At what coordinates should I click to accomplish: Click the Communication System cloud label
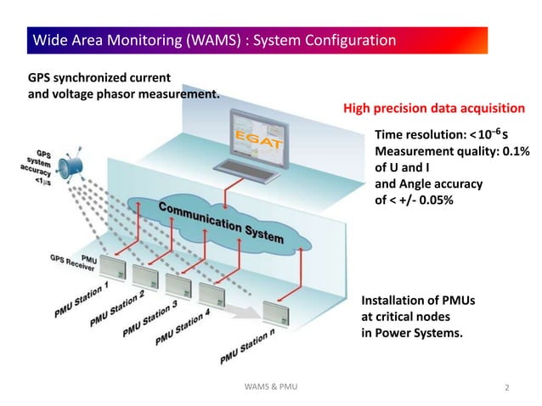point(218,223)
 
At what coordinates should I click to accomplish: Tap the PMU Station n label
point(249,347)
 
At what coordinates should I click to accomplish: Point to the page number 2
point(507,388)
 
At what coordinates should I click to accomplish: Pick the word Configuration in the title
point(352,40)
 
